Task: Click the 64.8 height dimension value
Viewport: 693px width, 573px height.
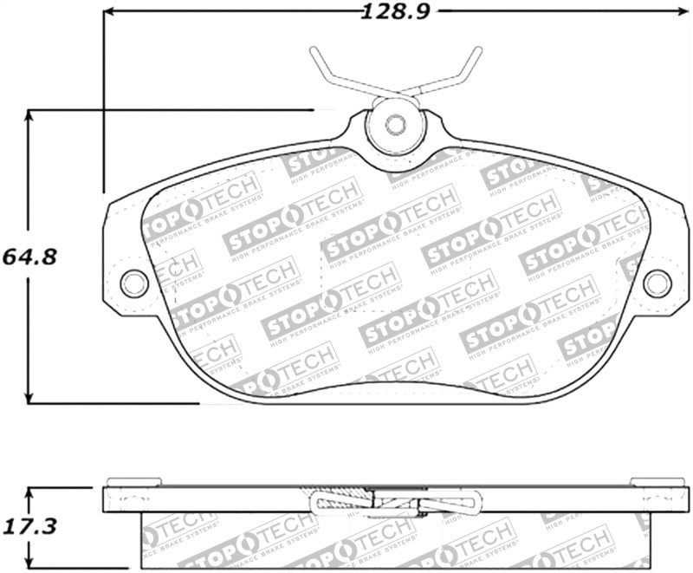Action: click(23, 257)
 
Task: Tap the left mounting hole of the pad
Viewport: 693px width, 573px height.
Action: click(133, 282)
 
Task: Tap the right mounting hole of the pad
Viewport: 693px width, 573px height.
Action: click(657, 282)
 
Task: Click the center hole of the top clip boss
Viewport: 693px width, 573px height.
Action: click(395, 124)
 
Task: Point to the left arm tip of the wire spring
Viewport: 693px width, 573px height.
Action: click(312, 50)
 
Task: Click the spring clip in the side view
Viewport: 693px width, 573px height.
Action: click(395, 501)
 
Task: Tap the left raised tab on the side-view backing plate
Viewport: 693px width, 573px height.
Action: click(133, 482)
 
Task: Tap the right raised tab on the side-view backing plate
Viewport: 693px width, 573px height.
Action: click(658, 482)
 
